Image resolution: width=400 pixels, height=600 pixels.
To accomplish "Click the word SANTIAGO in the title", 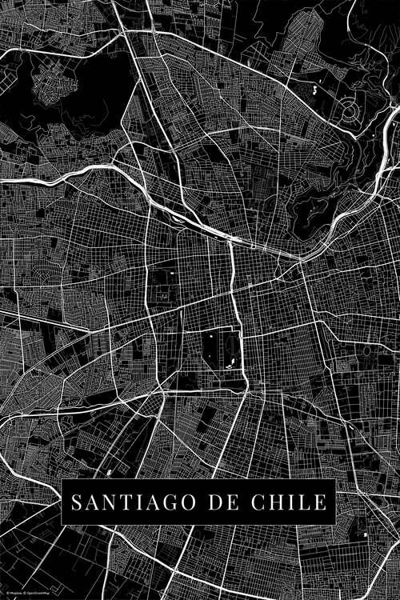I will (x=136, y=502).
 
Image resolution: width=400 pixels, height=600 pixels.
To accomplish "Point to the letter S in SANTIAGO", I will (x=77, y=502).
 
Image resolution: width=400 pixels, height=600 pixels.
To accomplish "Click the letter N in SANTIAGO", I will (x=110, y=502).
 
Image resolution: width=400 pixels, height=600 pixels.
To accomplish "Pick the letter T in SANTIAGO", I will (x=126, y=502).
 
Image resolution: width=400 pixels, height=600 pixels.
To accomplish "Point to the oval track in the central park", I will (x=211, y=346).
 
